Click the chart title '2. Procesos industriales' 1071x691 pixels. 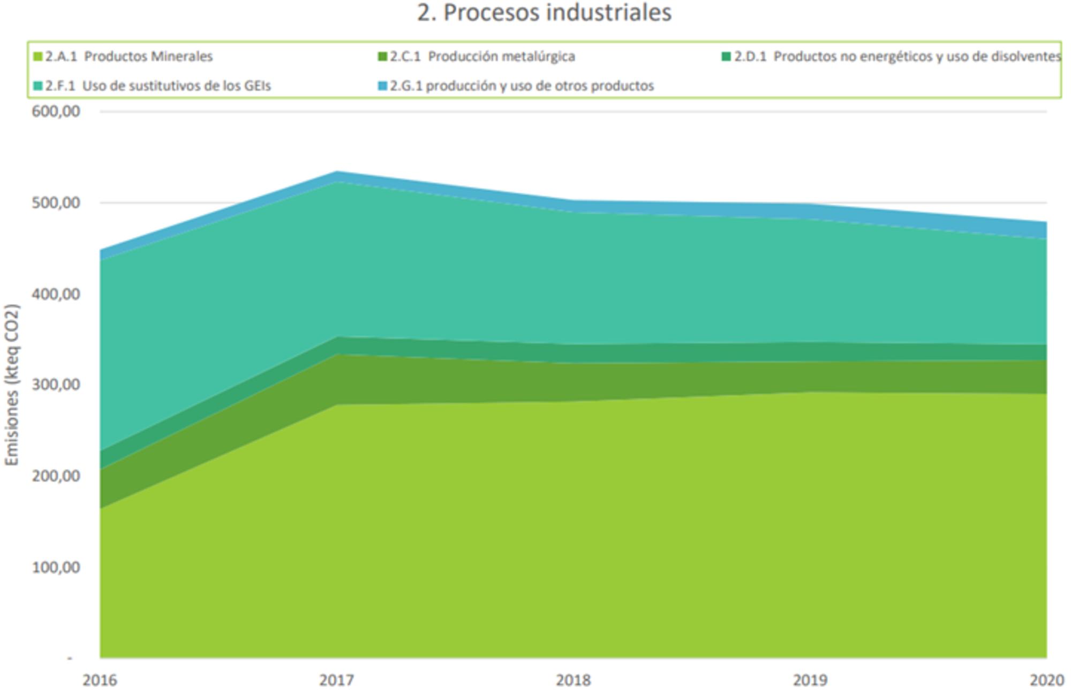tap(544, 13)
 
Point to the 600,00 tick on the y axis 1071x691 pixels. tap(56, 111)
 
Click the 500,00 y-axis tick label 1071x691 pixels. tap(56, 203)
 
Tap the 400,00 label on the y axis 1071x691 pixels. tap(56, 294)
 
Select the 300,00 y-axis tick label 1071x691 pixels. tap(56, 385)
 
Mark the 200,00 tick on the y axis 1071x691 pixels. tap(56, 476)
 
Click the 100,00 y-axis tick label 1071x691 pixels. tap(56, 567)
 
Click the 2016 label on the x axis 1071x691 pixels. tap(100, 680)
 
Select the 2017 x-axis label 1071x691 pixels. tap(336, 680)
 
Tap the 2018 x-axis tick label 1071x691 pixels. tap(573, 680)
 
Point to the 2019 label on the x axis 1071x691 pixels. tap(810, 680)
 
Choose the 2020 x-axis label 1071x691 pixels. tap(1046, 680)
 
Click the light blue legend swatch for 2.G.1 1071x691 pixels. tap(382, 86)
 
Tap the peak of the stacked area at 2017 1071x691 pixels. tap(337, 172)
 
